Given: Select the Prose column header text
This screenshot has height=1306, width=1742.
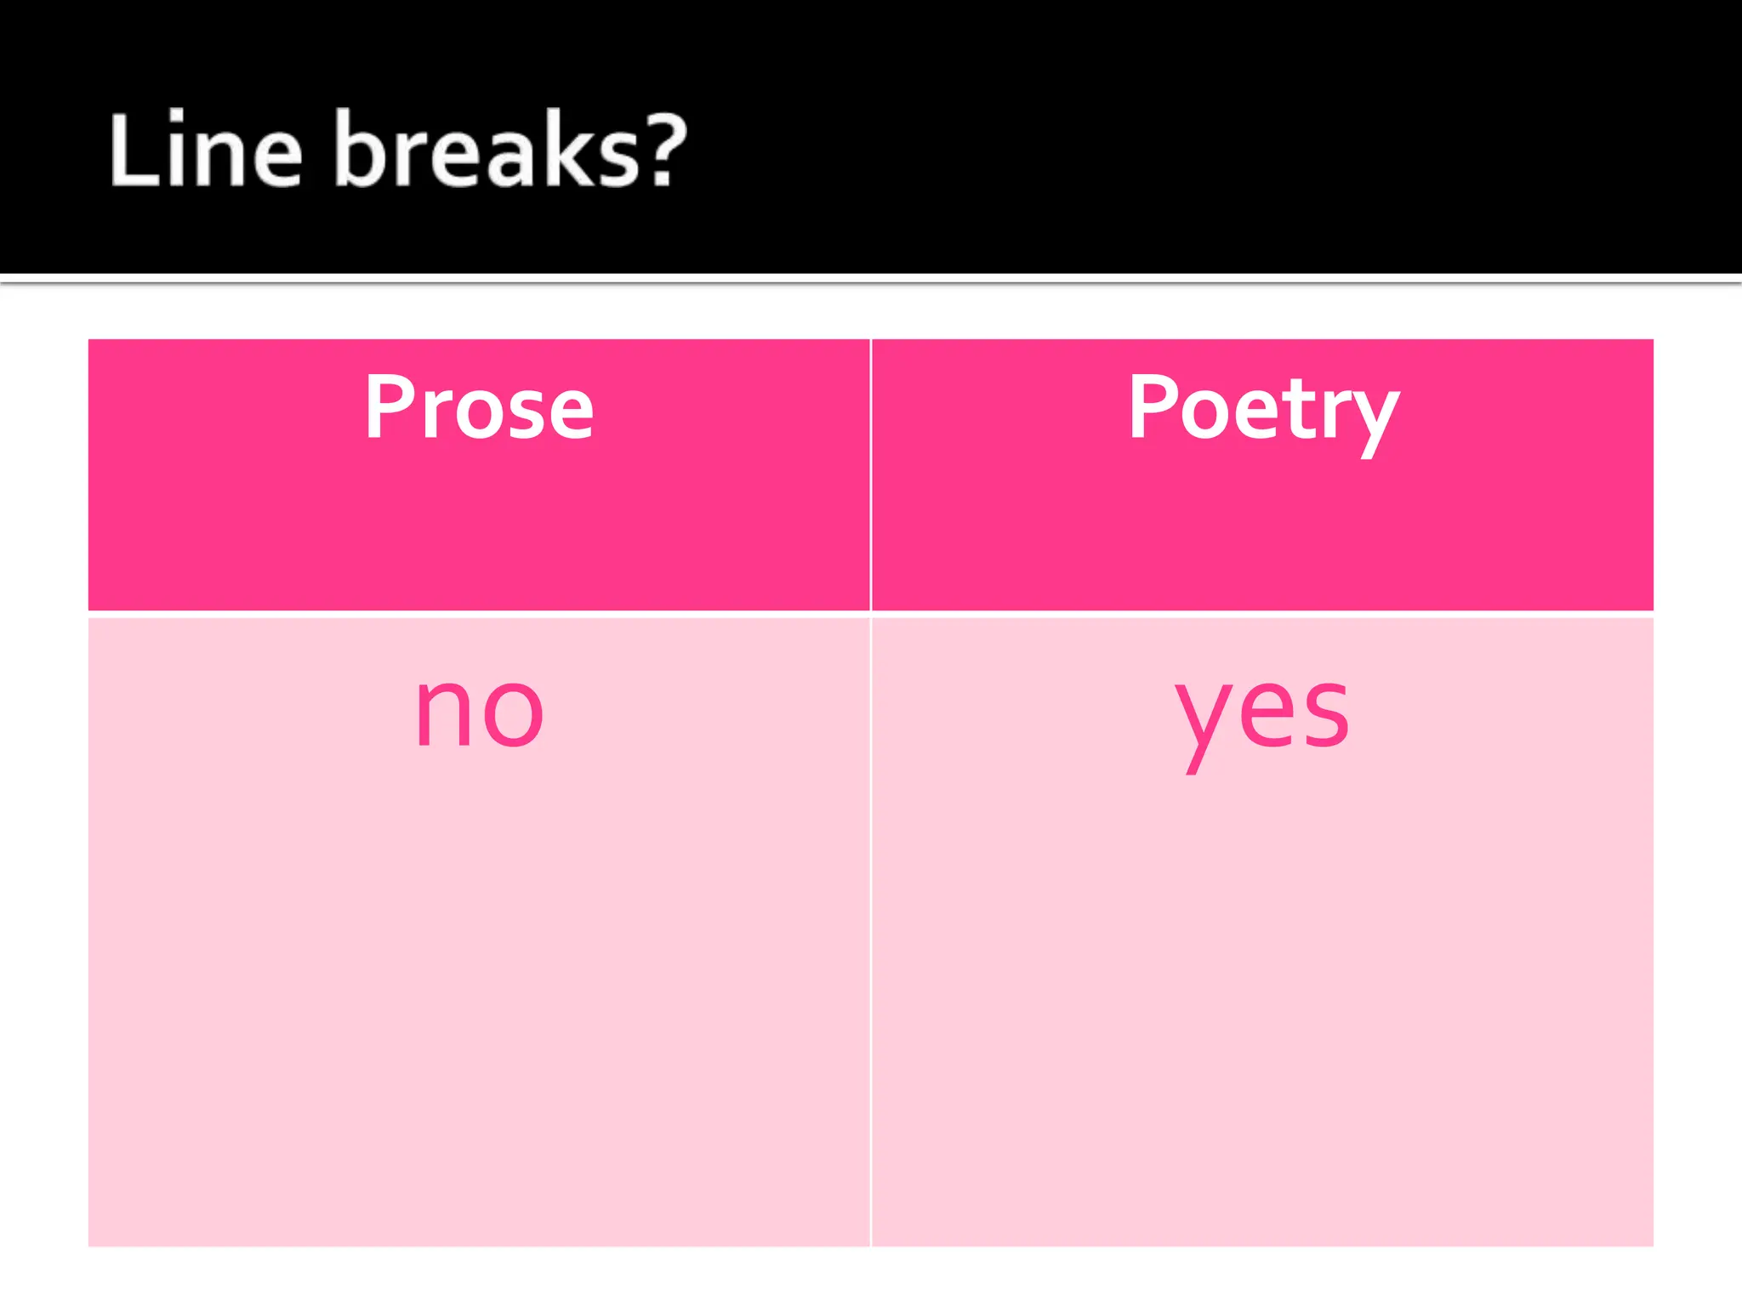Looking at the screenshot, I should (x=479, y=409).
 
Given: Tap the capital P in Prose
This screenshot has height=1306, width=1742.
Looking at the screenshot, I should (x=388, y=407).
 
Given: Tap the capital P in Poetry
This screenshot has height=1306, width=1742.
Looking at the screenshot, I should (x=1153, y=407).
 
